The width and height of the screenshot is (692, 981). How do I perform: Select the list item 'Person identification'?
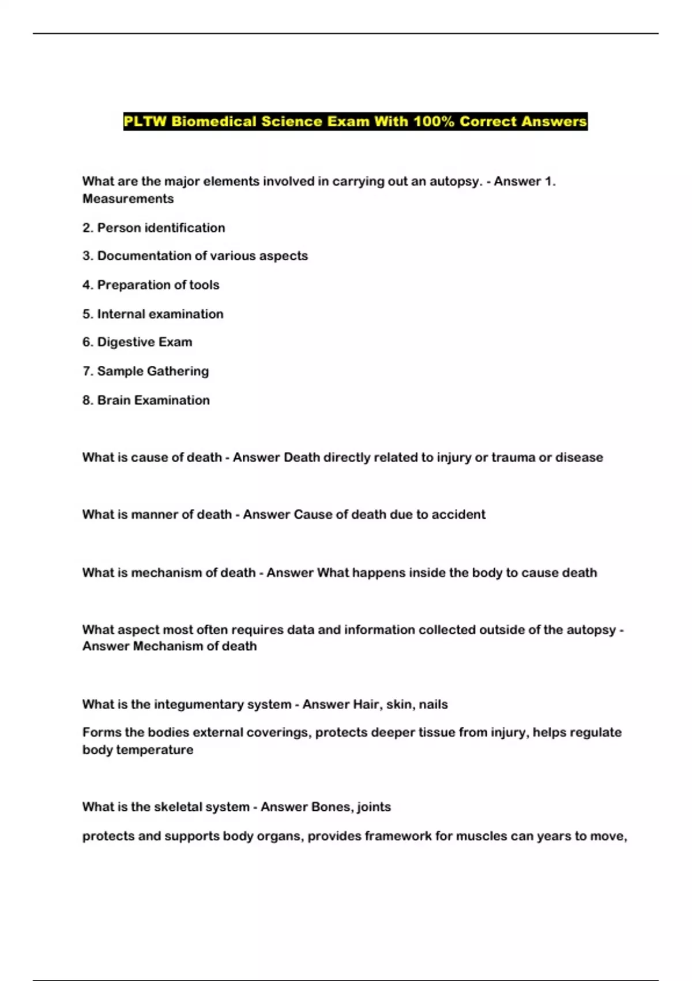(161, 228)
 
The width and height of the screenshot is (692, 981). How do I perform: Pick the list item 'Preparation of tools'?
(158, 285)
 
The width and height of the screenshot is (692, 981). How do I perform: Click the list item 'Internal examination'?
(160, 314)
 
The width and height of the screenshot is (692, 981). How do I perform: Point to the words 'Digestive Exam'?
(144, 342)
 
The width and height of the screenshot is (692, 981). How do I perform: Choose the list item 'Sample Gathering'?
(153, 371)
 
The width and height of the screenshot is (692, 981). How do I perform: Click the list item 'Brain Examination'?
(153, 400)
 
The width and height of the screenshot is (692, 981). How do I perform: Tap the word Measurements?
(128, 199)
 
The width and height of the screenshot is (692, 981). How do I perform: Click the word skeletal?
(180, 807)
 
